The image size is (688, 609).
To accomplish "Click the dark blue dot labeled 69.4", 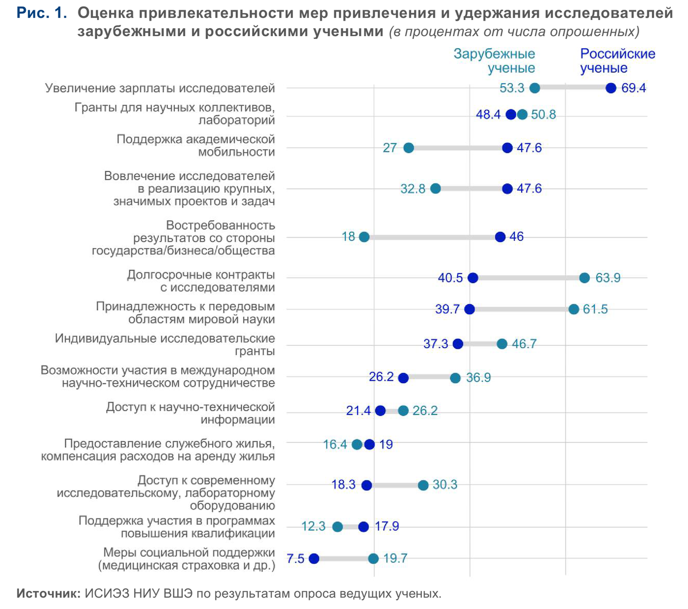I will [611, 88].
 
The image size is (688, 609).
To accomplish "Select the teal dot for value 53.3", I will [535, 88].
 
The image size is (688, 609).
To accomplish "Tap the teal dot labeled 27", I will [408, 148].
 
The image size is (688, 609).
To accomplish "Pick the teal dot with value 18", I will [364, 237].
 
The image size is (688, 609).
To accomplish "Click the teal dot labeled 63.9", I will [584, 278].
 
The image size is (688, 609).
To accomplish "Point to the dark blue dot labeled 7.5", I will [314, 559].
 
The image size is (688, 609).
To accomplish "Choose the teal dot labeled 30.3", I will [423, 485].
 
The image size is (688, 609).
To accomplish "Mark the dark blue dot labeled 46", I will [500, 237].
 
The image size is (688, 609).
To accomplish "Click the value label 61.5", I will [595, 309].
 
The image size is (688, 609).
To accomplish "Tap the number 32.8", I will [413, 189].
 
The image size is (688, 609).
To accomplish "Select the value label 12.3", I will [313, 526].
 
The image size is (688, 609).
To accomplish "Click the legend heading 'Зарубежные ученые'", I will [494, 61].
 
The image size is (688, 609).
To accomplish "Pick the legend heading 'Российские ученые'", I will [617, 61].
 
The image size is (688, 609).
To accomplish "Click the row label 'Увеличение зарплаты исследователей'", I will [160, 88].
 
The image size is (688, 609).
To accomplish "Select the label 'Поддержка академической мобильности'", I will [196, 146].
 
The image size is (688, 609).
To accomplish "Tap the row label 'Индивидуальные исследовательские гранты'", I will [165, 345].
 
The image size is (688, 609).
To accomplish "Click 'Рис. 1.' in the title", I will [42, 13].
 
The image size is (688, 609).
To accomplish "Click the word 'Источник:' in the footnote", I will [49, 594].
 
